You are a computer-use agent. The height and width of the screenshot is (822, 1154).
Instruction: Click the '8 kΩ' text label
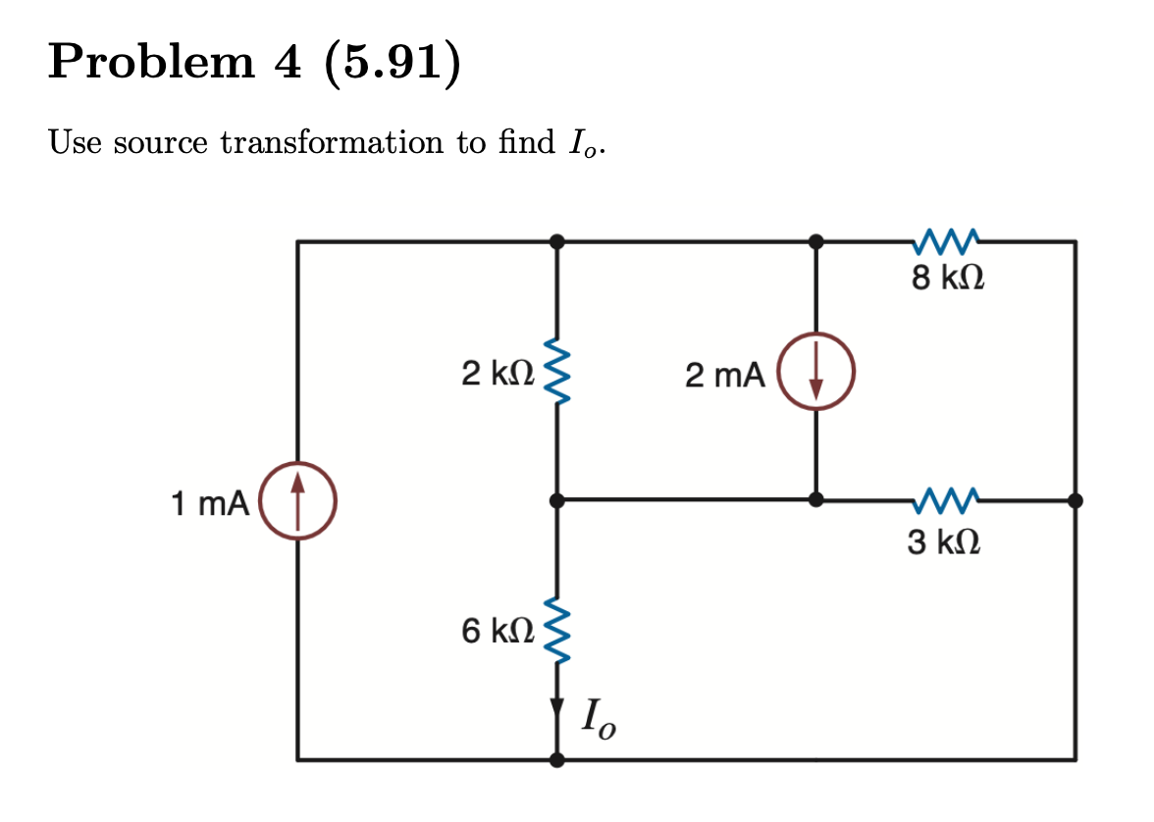point(947,280)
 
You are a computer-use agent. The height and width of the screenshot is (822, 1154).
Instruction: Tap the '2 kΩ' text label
point(497,373)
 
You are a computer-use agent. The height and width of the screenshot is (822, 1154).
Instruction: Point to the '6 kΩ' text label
point(497,630)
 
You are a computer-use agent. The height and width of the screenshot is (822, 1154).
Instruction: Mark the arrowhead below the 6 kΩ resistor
point(556,707)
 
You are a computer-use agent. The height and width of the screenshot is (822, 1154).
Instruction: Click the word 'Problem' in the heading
point(150,63)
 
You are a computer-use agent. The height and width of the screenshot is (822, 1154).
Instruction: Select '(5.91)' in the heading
point(390,63)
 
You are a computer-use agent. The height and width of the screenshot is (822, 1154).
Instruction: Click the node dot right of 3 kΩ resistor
point(1075,500)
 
